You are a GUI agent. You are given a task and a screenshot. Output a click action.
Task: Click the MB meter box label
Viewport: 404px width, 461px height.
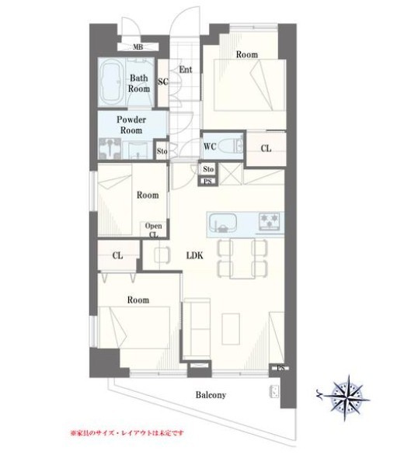point(138,47)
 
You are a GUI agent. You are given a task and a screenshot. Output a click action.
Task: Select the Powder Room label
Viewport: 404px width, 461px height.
point(131,125)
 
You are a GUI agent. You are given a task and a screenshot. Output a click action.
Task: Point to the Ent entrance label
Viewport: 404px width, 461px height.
point(186,70)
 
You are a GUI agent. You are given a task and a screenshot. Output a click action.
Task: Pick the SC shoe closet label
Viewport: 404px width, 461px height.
point(162,81)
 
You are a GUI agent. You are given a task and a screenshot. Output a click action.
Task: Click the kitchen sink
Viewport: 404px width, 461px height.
point(223,223)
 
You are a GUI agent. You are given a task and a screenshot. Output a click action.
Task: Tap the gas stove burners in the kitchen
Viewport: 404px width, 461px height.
point(270,221)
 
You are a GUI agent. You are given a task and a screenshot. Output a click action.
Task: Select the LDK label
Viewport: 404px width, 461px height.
point(195,255)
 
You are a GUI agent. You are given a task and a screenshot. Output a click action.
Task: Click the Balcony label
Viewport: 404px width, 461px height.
point(211,395)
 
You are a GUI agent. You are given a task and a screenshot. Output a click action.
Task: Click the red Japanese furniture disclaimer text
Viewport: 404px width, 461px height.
point(127,433)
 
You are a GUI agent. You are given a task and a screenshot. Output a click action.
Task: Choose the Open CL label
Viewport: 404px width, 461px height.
point(153,230)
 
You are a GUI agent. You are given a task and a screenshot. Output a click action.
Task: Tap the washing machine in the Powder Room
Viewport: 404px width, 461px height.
point(110,149)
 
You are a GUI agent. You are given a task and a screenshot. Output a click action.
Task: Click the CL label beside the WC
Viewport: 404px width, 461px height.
point(266,148)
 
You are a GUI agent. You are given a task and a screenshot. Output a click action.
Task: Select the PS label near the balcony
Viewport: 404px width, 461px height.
point(280,368)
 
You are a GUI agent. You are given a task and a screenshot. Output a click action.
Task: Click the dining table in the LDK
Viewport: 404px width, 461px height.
point(242,258)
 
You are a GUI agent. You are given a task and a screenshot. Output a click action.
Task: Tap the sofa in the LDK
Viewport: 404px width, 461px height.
point(197,329)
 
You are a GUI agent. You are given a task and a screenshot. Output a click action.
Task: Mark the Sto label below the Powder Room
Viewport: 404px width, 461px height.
point(162,151)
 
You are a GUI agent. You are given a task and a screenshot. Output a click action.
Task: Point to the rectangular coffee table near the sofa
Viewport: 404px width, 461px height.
point(231,329)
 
